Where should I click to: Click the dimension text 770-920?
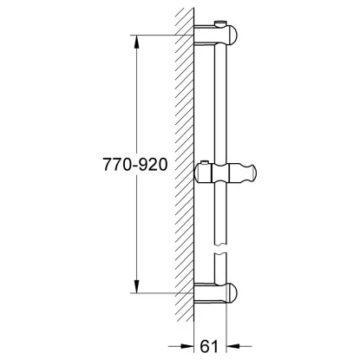point(134,163)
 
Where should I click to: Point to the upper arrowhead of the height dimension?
point(136,40)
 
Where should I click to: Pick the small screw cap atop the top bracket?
point(220,20)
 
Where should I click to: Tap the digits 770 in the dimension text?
point(115,163)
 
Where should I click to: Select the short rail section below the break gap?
point(222,270)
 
